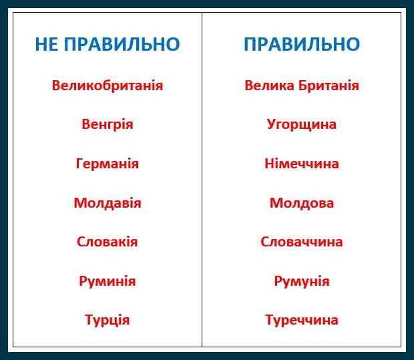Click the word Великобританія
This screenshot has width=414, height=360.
[107, 85]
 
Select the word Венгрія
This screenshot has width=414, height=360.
[107, 124]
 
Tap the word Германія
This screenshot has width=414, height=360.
[107, 164]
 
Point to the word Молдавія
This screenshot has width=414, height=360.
[107, 202]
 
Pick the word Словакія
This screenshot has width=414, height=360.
[107, 242]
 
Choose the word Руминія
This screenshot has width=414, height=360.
[107, 281]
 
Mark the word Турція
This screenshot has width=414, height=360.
[107, 320]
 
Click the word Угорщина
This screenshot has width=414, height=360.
[302, 125]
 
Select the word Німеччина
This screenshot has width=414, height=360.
[302, 164]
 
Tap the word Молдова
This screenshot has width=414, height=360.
[302, 202]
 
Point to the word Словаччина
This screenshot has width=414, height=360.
[302, 242]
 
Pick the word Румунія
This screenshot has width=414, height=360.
[302, 281]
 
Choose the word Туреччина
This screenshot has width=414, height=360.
[302, 320]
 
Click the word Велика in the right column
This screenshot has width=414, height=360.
[269, 85]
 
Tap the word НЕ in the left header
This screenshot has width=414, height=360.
[46, 45]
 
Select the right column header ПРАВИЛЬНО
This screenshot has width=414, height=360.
[302, 45]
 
